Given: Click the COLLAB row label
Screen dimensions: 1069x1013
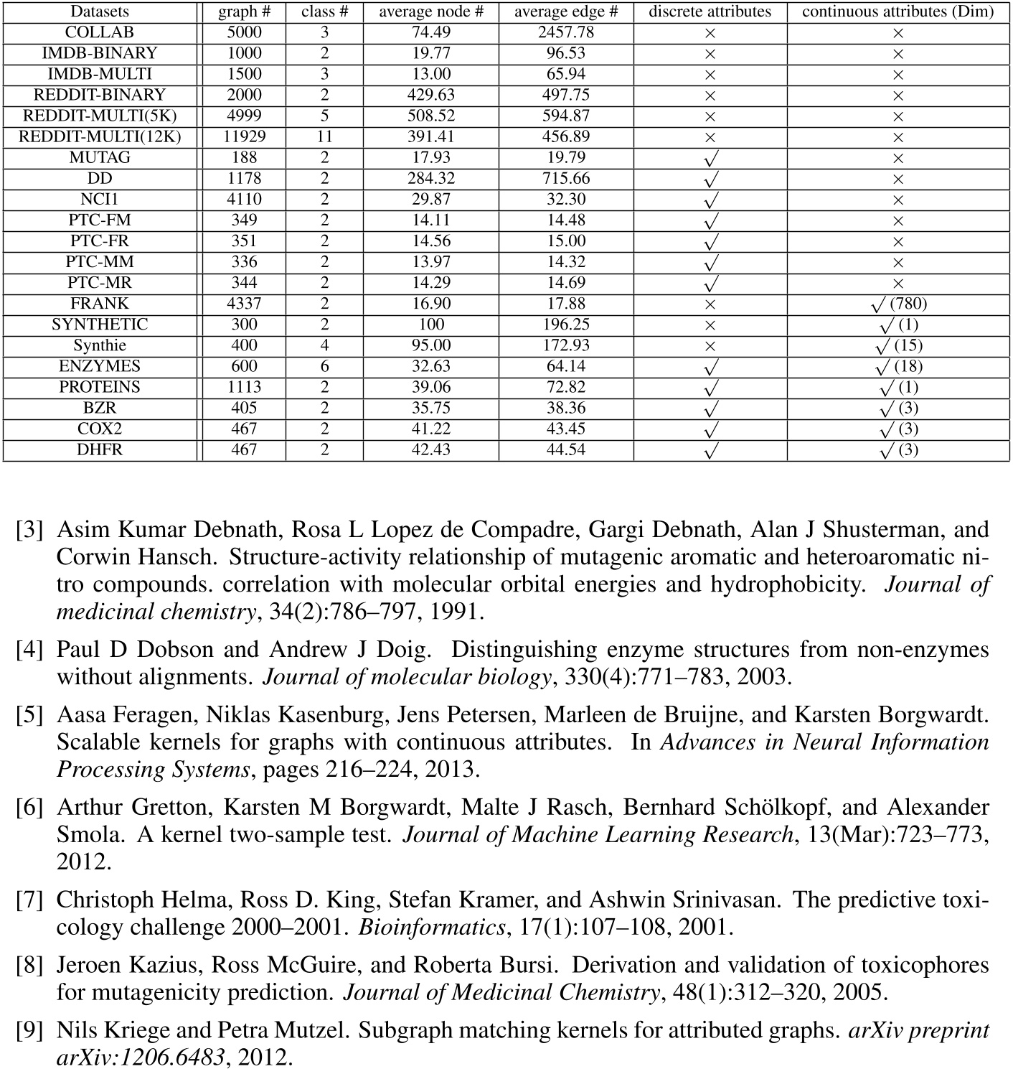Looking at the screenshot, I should tap(99, 32).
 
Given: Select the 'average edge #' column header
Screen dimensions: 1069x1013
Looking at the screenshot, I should tap(566, 11).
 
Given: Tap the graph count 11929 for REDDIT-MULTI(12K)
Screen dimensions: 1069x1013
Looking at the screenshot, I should tap(244, 136).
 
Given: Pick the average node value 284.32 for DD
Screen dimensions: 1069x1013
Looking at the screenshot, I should tap(431, 178).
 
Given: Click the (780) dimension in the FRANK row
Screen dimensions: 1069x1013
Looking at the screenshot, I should tap(908, 304).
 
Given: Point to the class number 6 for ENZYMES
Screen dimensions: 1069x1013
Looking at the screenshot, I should tap(324, 366).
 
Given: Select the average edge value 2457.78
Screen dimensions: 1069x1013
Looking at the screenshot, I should tap(566, 32).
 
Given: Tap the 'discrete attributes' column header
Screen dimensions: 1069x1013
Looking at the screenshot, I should tap(710, 11).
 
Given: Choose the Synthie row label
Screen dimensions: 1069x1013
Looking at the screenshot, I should tap(99, 345).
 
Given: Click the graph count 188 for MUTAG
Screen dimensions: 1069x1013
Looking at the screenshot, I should tap(244, 157).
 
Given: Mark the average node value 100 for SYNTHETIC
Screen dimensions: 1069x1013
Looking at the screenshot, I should tap(431, 325).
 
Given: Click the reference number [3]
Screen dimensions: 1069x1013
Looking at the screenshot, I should tap(29, 530).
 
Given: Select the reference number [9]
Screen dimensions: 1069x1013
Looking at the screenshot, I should tap(29, 1030).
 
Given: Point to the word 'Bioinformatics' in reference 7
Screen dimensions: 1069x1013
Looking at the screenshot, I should tap(432, 927).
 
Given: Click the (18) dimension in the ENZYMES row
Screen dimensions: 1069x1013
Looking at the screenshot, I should tap(908, 366).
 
